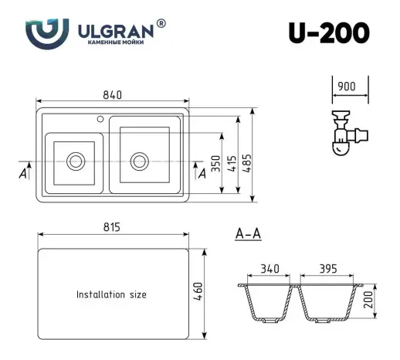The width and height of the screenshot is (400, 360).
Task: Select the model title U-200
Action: (x=329, y=33)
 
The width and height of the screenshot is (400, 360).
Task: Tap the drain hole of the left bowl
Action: (x=76, y=161)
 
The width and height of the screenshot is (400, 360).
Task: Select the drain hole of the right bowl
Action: (x=139, y=161)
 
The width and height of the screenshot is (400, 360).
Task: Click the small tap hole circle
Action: (x=100, y=121)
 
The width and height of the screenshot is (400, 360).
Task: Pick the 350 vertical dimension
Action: (x=217, y=164)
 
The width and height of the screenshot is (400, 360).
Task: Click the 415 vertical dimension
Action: (x=232, y=163)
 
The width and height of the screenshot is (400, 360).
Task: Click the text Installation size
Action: (x=111, y=294)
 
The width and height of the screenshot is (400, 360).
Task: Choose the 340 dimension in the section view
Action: (x=270, y=270)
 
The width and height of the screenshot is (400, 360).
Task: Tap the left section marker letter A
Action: (x=22, y=174)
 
